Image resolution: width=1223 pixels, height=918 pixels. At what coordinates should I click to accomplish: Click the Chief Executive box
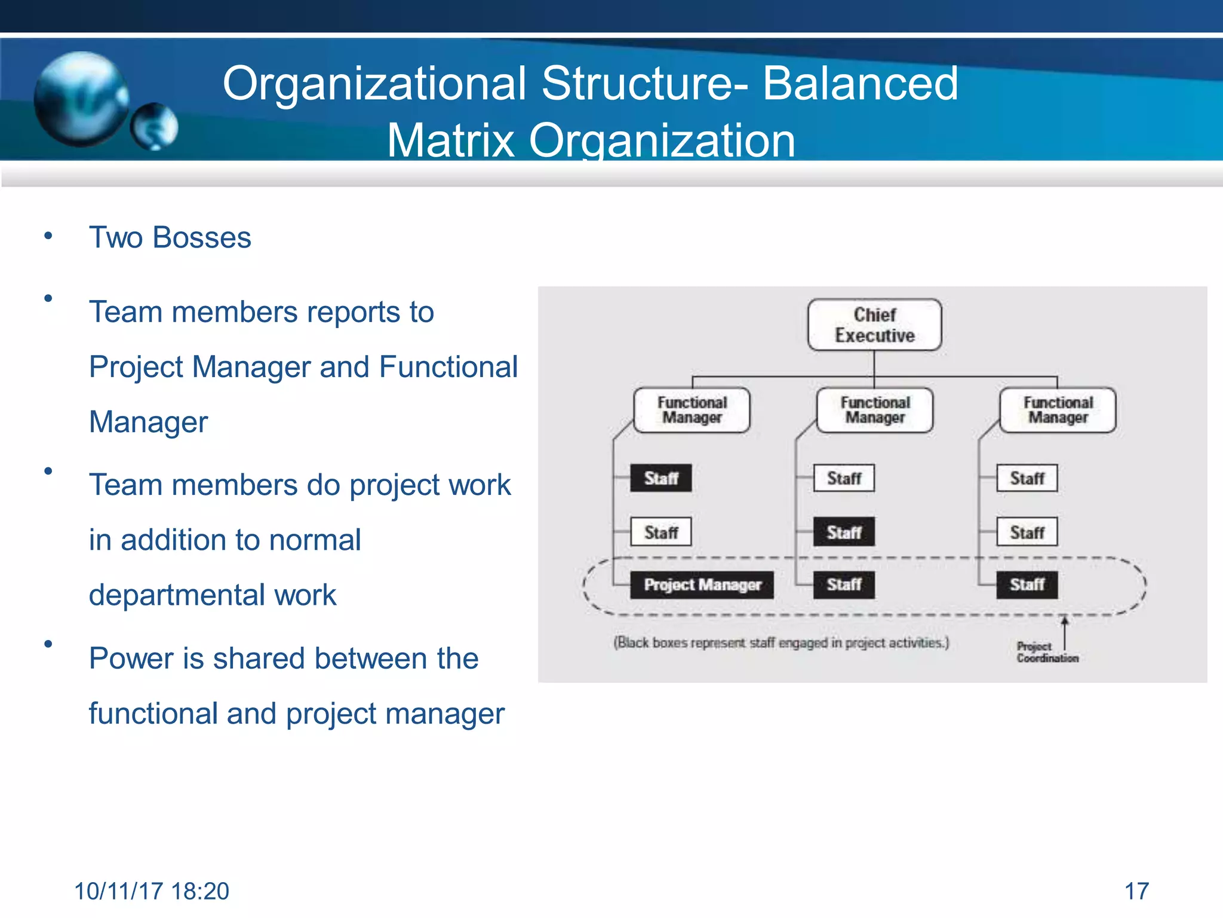point(874,325)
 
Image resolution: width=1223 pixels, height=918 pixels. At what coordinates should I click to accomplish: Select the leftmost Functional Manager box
point(692,410)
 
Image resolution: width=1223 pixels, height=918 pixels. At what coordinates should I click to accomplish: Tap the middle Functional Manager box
point(875,410)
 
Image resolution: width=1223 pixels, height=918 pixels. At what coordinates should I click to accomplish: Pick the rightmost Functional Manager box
point(1058,410)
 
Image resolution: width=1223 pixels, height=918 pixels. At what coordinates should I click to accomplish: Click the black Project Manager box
point(702,585)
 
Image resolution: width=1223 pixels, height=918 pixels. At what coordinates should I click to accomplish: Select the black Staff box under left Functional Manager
point(661,478)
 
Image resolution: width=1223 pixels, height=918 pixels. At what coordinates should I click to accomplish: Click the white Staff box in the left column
point(661,532)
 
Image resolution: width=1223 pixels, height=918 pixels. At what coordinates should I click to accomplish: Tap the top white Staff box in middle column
point(844,478)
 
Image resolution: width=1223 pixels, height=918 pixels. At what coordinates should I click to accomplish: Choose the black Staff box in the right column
point(1027,585)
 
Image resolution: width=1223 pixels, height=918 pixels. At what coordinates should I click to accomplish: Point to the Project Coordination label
point(1047,652)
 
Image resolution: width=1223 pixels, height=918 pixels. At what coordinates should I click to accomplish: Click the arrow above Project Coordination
point(1064,631)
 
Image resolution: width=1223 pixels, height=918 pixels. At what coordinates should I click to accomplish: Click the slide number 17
point(1136,891)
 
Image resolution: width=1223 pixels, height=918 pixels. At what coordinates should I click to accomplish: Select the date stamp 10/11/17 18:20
point(151,891)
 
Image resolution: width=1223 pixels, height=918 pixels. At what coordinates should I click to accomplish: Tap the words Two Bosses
point(170,237)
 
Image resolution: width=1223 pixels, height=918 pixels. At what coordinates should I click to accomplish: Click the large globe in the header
point(81,99)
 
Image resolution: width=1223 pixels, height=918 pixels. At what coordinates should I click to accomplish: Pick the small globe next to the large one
point(155,126)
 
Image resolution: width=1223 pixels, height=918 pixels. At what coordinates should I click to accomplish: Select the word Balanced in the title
point(860,84)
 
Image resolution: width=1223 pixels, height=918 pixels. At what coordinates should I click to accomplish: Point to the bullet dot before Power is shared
point(48,644)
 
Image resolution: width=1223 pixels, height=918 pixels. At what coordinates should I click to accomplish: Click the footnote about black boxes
point(781,643)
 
